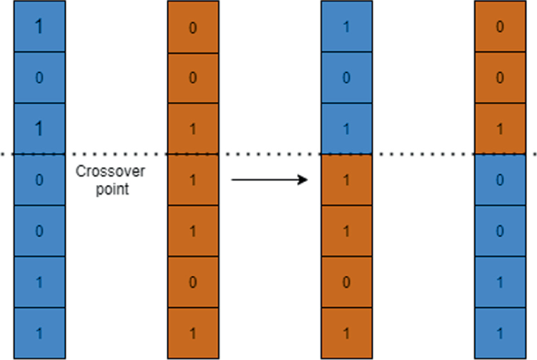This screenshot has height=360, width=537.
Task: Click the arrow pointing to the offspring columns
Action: pos(270,180)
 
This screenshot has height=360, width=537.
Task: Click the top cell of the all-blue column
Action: pos(39,27)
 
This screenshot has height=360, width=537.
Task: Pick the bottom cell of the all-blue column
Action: pos(39,333)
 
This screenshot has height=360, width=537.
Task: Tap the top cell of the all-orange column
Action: pos(193,27)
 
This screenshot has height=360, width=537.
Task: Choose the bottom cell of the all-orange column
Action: pos(193,333)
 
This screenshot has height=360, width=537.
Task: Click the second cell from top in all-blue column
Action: pos(39,78)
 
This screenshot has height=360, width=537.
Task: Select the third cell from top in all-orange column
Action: pos(193,129)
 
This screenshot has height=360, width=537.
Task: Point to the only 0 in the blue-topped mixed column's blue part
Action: pos(347,78)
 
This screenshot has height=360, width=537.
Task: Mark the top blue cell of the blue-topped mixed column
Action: pos(347,27)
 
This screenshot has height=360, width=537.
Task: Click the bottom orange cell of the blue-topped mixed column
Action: pos(347,333)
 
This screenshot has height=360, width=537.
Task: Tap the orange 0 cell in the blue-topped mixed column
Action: pos(347,282)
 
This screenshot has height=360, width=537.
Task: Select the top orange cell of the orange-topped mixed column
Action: pos(500,27)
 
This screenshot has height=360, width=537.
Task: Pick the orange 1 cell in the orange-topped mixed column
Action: pos(500,129)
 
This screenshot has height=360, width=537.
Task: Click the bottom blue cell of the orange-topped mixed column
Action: pos(500,333)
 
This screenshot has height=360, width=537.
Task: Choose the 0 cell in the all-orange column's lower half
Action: pos(193,282)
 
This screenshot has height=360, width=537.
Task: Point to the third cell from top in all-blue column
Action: pos(39,129)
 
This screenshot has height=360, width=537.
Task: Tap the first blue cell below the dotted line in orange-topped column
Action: pos(500,180)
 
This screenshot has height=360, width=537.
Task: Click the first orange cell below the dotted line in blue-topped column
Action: pos(347,180)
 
